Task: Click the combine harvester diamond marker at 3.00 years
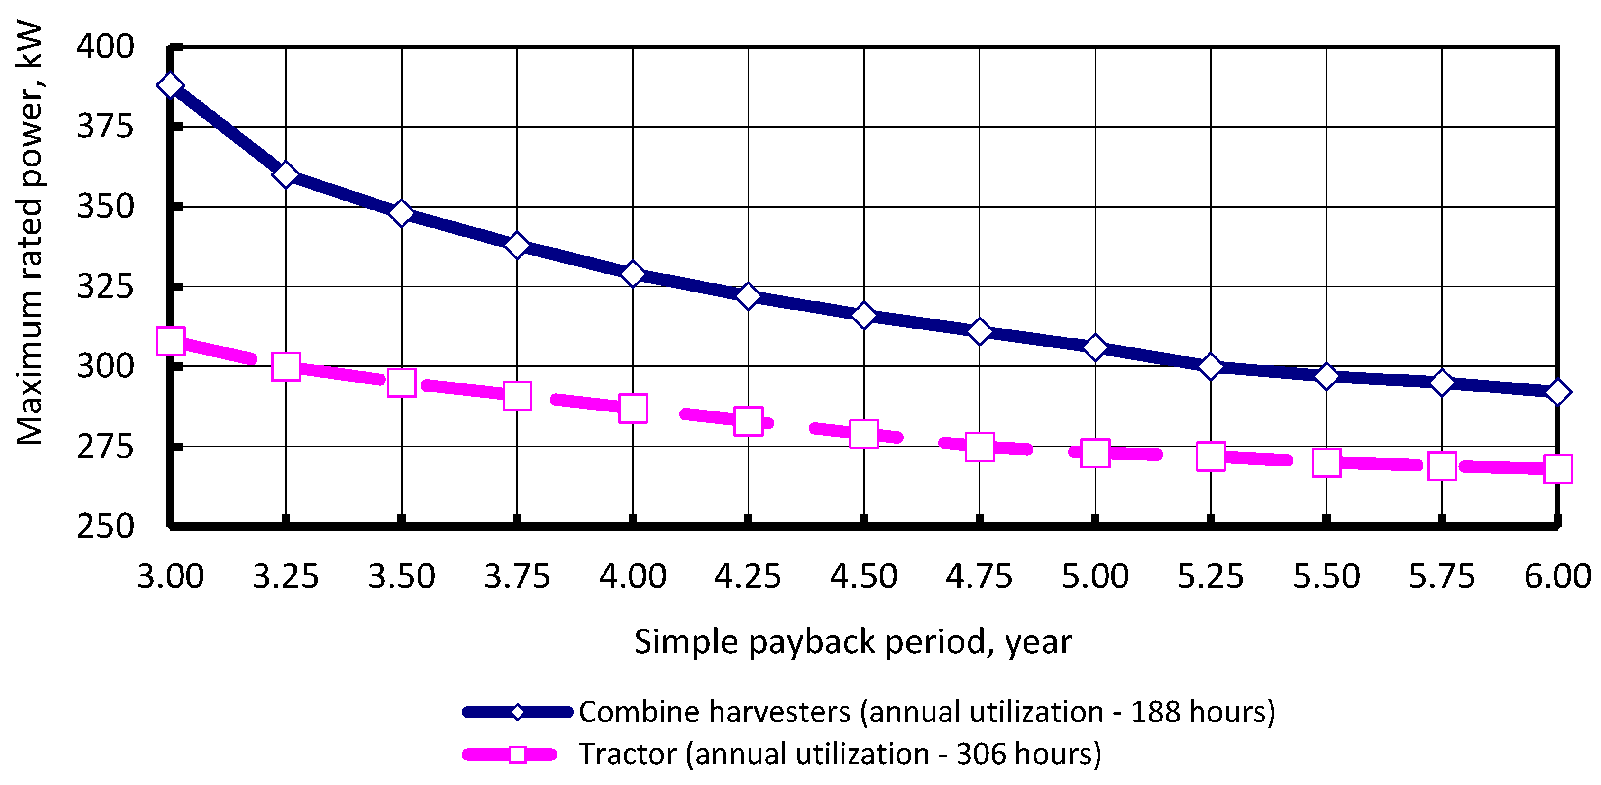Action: click(x=170, y=85)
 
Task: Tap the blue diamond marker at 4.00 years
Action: click(x=633, y=274)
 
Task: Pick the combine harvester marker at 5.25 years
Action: click(x=1211, y=367)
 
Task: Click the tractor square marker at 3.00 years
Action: click(x=170, y=341)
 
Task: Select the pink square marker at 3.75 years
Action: click(x=517, y=396)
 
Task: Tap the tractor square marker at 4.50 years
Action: click(x=864, y=434)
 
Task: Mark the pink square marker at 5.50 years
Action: click(x=1327, y=463)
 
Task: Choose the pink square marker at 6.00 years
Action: click(x=1557, y=469)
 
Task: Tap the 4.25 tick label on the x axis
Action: click(x=748, y=576)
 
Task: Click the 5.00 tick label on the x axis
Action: click(x=1095, y=576)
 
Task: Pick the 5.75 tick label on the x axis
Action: click(x=1441, y=576)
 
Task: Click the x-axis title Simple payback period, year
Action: click(x=853, y=641)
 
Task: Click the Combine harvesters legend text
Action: click(x=926, y=712)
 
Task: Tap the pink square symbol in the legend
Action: click(x=517, y=755)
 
